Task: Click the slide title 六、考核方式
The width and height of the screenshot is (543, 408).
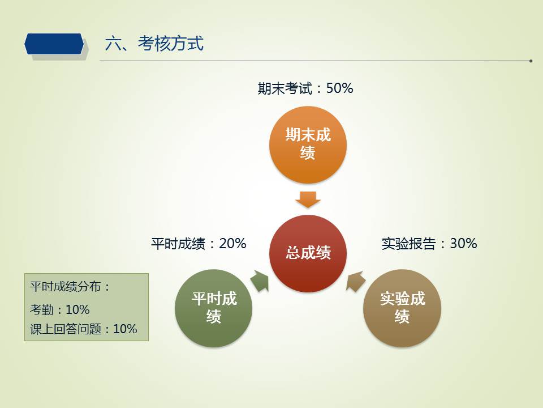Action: coord(154,44)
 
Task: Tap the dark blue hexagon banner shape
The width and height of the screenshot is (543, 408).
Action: coord(54,44)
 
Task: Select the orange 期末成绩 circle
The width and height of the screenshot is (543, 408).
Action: coord(308,144)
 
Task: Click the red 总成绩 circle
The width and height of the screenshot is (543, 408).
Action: coord(308,253)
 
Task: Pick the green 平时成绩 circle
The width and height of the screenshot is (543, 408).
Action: coord(214,308)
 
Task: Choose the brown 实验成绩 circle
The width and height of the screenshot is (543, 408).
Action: coord(402,308)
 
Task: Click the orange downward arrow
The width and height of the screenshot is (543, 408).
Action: coord(308,199)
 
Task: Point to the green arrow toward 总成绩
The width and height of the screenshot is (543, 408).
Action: coord(260,281)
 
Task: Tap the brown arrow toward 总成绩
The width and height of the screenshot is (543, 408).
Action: coord(356,281)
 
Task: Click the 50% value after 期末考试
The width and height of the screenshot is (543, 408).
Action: coord(339,88)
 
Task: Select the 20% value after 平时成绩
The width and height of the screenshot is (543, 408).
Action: coord(232,243)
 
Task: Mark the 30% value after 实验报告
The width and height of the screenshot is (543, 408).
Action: coord(463,243)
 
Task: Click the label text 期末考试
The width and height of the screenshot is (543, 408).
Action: coord(285,88)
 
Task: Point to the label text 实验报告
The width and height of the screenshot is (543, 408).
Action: coord(408,244)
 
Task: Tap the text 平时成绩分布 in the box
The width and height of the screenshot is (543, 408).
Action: coord(66,287)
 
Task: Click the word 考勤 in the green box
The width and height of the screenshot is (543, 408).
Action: coord(41,309)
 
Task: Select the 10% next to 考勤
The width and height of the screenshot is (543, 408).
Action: coord(77,309)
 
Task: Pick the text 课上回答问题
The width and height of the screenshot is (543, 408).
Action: coord(66,329)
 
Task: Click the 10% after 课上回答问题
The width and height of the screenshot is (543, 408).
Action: coord(125,329)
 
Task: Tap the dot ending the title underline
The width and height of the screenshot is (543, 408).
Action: coord(531,61)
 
